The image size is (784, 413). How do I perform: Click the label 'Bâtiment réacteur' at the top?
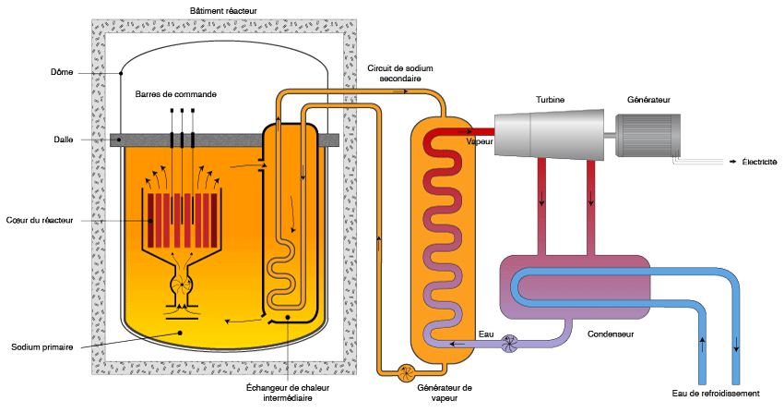222,11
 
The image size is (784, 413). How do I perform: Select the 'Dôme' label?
61,73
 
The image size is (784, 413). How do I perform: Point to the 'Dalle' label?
64,140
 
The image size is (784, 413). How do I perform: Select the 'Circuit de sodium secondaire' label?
399,74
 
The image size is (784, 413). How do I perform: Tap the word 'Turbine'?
551,100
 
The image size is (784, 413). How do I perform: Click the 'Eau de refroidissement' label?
716,394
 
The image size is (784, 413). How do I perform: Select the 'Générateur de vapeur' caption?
445,393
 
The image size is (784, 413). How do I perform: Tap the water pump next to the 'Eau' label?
510,344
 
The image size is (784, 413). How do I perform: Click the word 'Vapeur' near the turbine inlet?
480,142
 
